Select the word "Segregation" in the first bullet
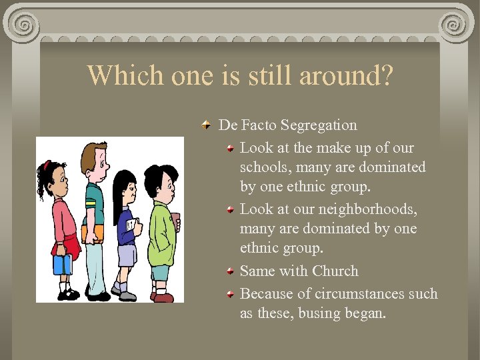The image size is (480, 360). (319, 125)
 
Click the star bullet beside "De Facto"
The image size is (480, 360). (208, 125)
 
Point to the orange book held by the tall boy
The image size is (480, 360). (95, 233)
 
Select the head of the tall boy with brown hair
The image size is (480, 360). (94, 160)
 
